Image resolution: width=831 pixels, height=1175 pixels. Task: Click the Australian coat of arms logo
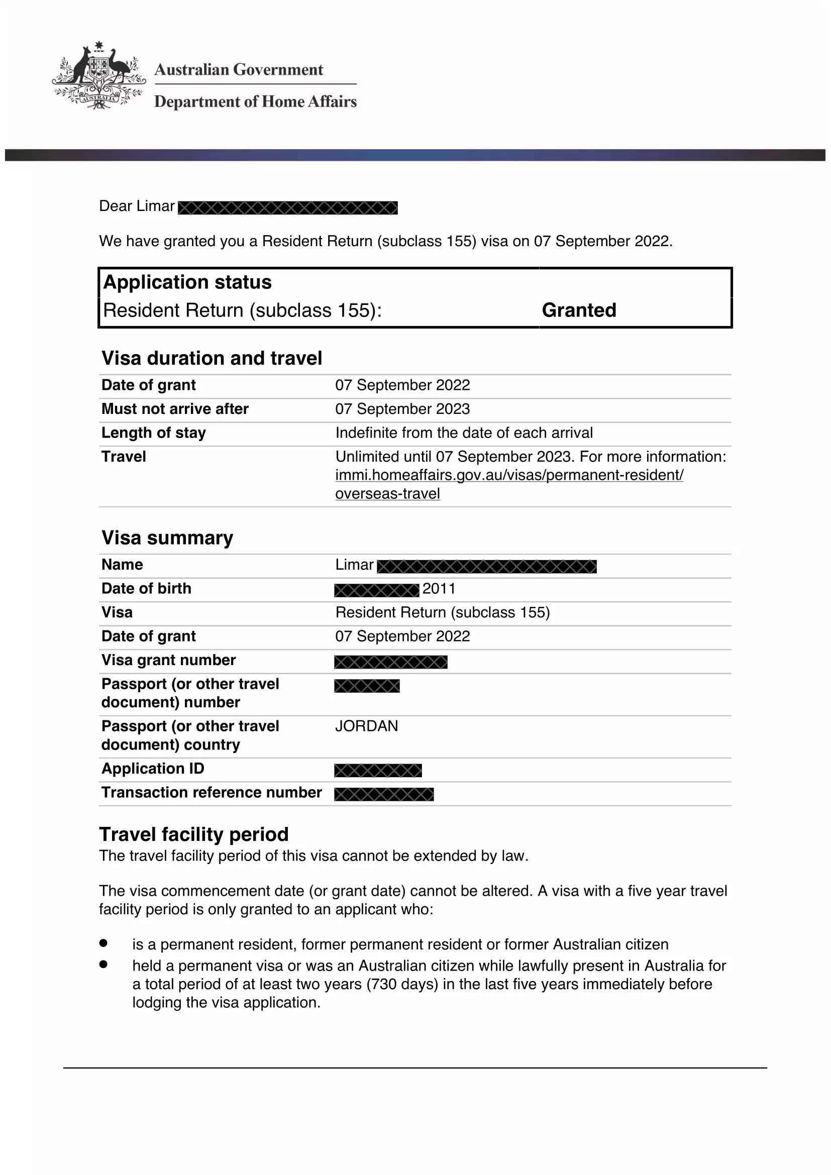point(98,76)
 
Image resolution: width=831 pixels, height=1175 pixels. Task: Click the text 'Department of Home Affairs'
point(255,101)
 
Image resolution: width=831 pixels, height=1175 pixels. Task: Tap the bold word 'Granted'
point(579,310)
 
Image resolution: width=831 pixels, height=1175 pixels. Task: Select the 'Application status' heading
point(187,282)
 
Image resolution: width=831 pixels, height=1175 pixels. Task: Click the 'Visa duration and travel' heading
point(212,358)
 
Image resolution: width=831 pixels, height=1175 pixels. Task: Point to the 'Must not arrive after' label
point(175,409)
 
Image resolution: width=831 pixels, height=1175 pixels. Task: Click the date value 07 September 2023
point(402,409)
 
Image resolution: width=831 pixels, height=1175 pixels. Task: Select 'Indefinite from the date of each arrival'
point(464,433)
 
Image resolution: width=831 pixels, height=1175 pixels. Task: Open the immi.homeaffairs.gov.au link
point(509,475)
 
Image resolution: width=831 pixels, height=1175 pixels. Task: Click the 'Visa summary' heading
point(167,538)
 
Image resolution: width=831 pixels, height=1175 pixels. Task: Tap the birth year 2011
point(439,589)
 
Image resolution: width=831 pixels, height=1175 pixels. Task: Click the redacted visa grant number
point(391,662)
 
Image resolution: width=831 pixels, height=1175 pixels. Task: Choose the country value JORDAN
point(366,726)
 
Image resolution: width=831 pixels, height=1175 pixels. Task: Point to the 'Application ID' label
point(153,768)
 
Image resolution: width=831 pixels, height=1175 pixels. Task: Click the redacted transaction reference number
point(384,794)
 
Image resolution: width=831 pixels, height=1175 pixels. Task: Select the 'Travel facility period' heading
point(194,834)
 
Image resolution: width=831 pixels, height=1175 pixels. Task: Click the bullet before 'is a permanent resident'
point(103,942)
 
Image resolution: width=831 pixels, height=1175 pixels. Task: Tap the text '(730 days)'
point(402,984)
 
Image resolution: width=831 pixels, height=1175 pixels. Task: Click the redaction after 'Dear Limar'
point(287,208)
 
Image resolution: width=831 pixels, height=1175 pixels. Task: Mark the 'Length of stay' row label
point(154,433)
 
